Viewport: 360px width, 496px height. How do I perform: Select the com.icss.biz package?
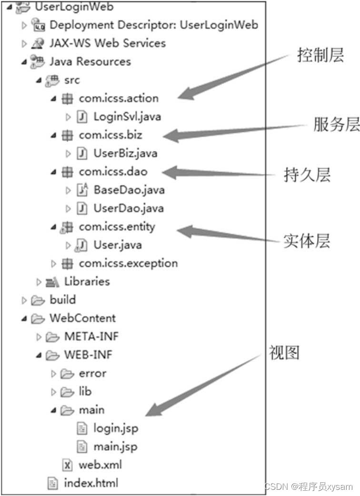110,135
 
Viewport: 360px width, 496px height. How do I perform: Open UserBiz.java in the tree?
125,153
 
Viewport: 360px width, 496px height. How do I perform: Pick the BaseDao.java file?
129,190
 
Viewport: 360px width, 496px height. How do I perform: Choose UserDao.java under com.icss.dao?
128,208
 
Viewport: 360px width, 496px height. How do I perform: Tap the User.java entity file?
117,245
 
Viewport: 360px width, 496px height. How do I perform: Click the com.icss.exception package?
128,263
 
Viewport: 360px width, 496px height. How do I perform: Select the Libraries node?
87,282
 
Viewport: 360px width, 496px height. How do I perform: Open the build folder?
62,300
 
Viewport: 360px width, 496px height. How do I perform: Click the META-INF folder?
91,336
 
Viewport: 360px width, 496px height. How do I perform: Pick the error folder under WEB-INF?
92,373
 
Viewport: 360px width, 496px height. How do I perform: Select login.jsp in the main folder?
115,428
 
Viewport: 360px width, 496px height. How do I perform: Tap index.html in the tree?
90,483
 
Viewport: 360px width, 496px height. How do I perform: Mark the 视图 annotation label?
284,353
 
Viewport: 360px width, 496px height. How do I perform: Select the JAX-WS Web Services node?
107,43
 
